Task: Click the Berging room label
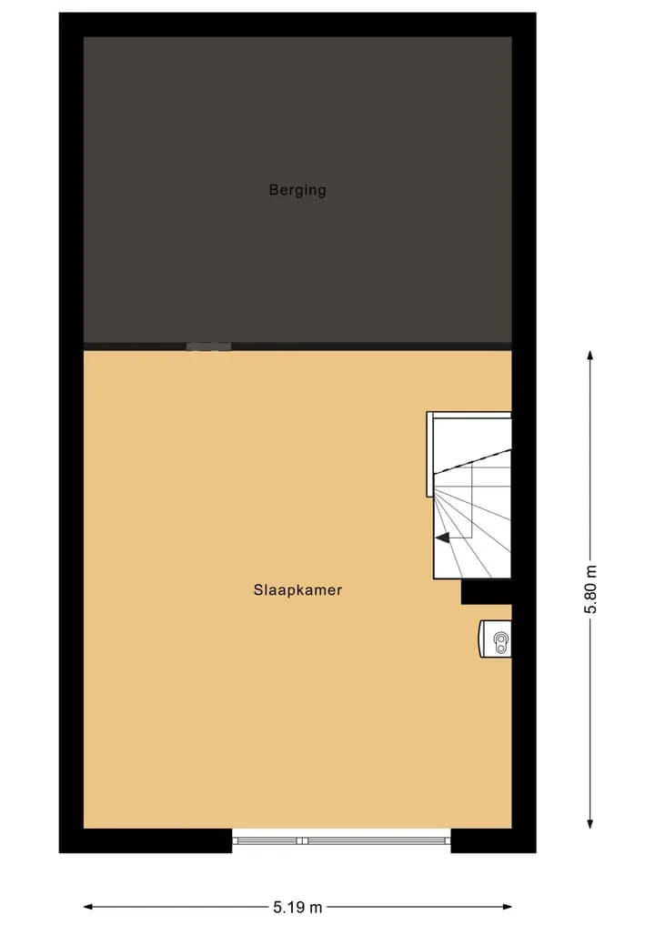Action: coord(297,190)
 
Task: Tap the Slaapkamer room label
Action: coord(298,590)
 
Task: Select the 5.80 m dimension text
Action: coord(590,588)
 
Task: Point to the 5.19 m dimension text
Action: coord(298,907)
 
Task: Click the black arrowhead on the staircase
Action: coord(442,537)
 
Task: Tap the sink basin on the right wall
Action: coord(495,638)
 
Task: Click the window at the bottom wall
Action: coord(341,840)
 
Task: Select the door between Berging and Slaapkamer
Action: coord(208,347)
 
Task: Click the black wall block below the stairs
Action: coord(486,592)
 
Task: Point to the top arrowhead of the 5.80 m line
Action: coord(589,355)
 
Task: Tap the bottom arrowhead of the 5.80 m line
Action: coord(589,823)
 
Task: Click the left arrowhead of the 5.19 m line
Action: coord(88,907)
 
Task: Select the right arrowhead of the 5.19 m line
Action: coord(507,907)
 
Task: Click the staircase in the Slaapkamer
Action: coord(469,496)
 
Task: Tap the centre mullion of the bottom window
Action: coord(301,840)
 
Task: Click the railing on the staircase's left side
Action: coord(430,454)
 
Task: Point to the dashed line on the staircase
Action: coord(473,460)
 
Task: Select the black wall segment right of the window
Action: coord(493,840)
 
